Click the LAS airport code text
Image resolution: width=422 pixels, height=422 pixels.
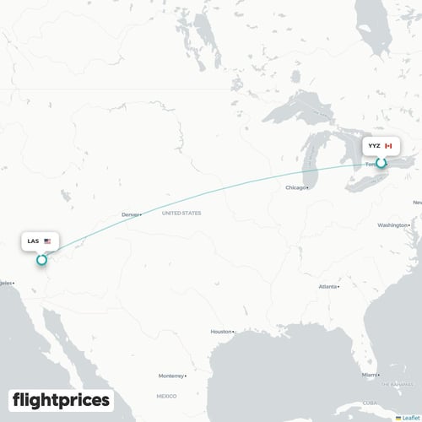pyautogui.click(x=33, y=241)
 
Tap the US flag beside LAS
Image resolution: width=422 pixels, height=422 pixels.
pyautogui.click(x=47, y=241)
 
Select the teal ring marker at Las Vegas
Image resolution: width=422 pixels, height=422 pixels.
pyautogui.click(x=41, y=259)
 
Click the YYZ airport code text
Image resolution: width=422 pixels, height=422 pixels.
pyautogui.click(x=373, y=146)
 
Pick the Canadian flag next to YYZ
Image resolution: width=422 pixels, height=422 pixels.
pyautogui.click(x=388, y=146)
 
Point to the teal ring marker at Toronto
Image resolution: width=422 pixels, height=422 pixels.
pyautogui.click(x=381, y=163)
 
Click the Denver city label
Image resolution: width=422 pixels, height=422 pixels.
pyautogui.click(x=129, y=214)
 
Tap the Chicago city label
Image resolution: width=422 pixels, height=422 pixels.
pyautogui.click(x=295, y=187)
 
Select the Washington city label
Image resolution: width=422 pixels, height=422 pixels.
pyautogui.click(x=393, y=225)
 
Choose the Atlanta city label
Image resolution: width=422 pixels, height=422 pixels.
pyautogui.click(x=327, y=287)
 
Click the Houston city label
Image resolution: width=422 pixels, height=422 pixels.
pyautogui.click(x=220, y=332)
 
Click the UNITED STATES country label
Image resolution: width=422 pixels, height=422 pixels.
pyautogui.click(x=181, y=214)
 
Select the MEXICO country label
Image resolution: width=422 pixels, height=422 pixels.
pyautogui.click(x=165, y=395)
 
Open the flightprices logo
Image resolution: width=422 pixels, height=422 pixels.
pyautogui.click(x=61, y=399)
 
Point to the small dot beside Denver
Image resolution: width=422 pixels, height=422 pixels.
pyautogui.click(x=141, y=214)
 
